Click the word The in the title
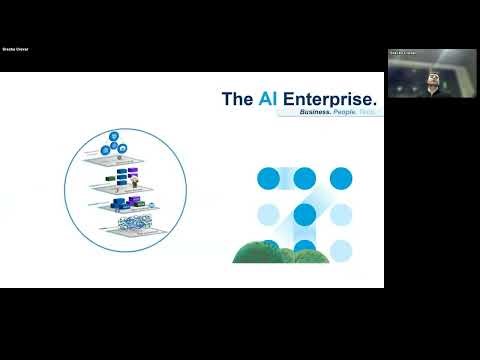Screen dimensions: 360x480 click(236, 99)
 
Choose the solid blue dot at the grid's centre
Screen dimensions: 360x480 click(305, 214)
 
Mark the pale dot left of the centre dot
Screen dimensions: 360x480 click(269, 214)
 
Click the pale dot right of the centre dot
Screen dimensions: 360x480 click(341, 214)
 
